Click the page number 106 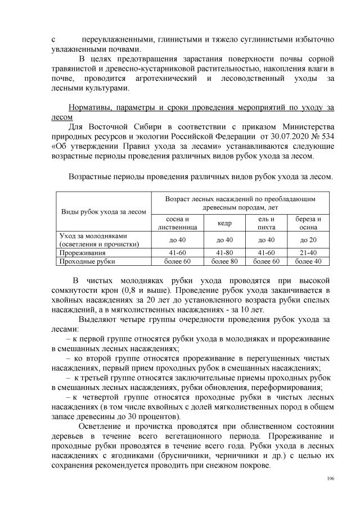coord(330,478)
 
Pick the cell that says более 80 coord(224,261)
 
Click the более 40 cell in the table coord(309,261)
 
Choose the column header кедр coord(224,223)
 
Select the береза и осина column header coord(309,223)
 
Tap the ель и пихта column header coord(266,223)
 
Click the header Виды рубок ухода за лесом coord(103,212)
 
